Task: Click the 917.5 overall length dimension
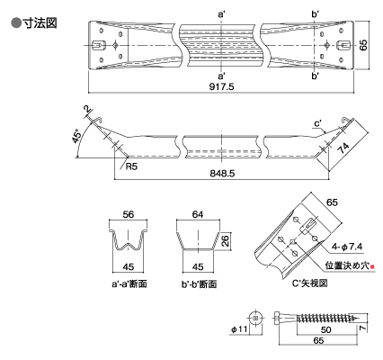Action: pos(221,86)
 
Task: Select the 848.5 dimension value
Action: pos(222,173)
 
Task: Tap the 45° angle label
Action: pos(76,136)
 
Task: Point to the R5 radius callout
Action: pos(131,166)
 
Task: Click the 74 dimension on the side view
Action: pos(343,148)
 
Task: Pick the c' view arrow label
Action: pos(318,123)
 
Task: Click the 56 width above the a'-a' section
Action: pos(129,214)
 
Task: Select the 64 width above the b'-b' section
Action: pos(198,214)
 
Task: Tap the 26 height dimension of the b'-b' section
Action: pos(225,240)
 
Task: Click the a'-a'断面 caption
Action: pos(129,283)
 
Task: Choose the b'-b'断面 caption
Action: pos(199,283)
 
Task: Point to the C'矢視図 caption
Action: pos(309,283)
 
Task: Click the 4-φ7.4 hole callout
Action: pos(347,247)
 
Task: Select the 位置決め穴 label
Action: pos(348,265)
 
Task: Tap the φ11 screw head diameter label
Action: pos(239,329)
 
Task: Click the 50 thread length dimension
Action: pos(325,329)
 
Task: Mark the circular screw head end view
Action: pos(255,319)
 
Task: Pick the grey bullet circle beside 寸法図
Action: pos(16,23)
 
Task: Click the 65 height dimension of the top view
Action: pos(363,45)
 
